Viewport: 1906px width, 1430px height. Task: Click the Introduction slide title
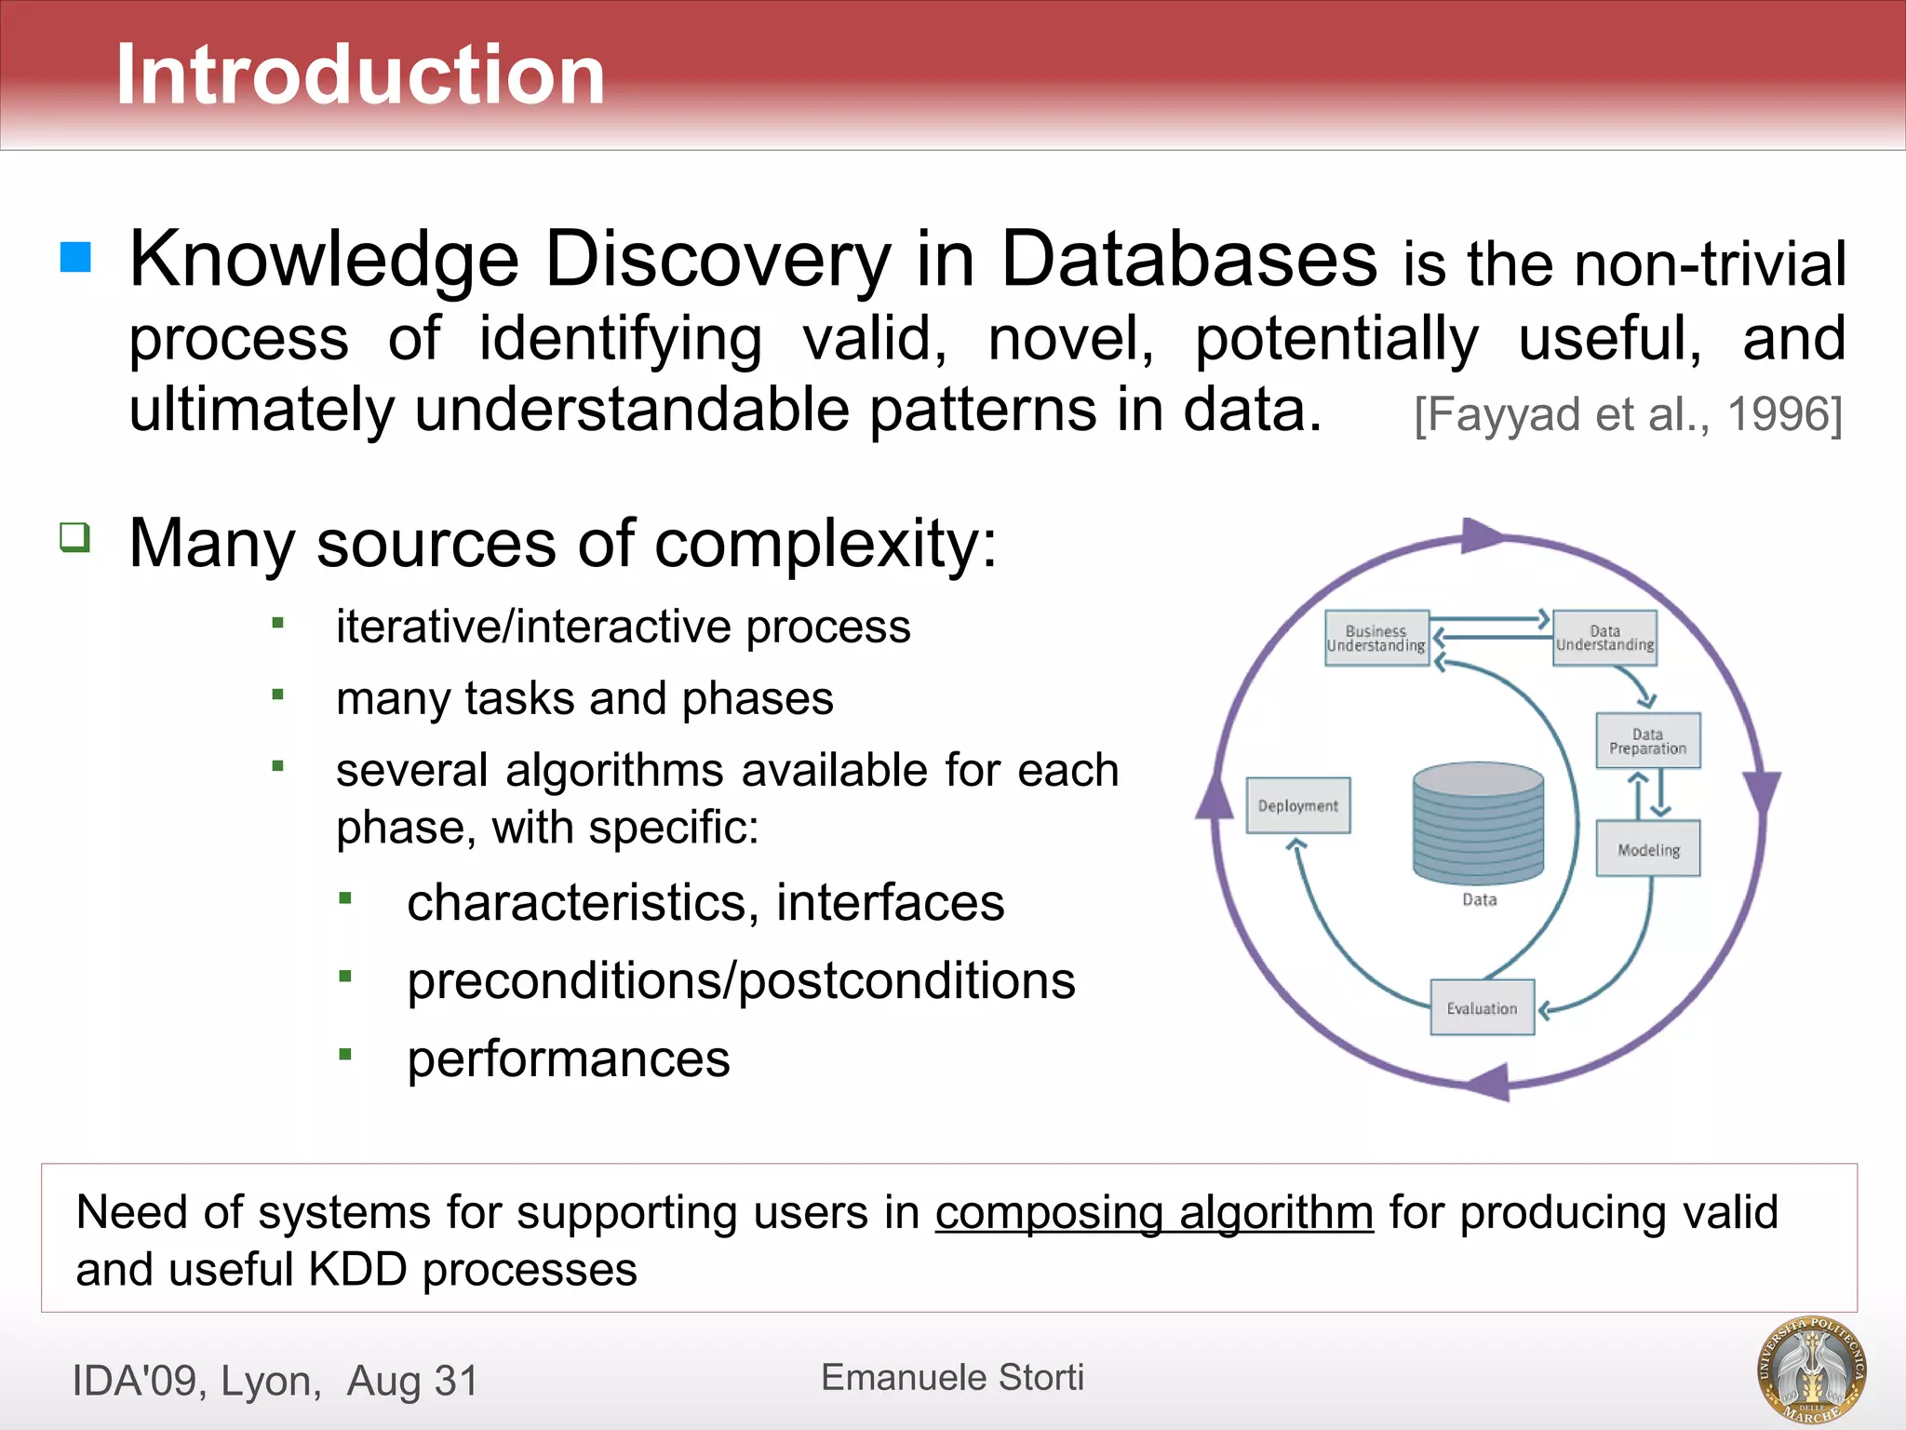[x=360, y=74]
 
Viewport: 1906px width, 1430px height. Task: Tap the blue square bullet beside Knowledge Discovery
[x=75, y=257]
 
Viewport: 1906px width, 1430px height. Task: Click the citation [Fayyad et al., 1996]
[x=1628, y=414]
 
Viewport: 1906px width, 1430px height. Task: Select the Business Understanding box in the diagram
[x=1376, y=639]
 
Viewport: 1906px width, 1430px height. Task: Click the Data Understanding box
[x=1604, y=639]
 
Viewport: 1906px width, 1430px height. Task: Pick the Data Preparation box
[x=1647, y=741]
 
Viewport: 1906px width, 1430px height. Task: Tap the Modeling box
[x=1647, y=849]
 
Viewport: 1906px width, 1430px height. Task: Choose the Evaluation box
[x=1482, y=1007]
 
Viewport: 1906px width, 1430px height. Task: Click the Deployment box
[x=1297, y=805]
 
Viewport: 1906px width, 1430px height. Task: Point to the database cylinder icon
[x=1478, y=824]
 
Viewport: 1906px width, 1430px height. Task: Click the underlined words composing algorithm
[x=1154, y=1213]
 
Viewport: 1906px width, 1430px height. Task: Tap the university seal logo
[x=1811, y=1370]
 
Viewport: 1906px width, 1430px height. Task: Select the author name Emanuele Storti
[x=952, y=1377]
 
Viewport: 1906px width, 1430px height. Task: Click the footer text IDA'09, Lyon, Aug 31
[x=275, y=1381]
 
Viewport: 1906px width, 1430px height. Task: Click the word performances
[x=569, y=1059]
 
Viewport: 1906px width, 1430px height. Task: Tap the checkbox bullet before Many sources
[x=74, y=537]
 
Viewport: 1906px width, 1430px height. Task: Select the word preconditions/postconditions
[x=741, y=981]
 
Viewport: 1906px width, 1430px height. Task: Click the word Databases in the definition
[x=1188, y=259]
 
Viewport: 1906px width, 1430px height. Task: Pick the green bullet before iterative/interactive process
[x=277, y=623]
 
